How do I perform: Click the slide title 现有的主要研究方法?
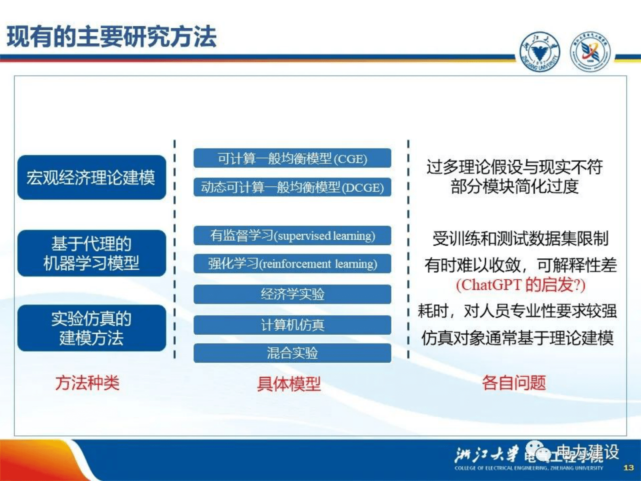point(111,37)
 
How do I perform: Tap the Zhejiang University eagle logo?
point(540,52)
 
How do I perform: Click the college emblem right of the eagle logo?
point(590,52)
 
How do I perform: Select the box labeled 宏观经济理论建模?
point(92,177)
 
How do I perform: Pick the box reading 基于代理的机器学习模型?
point(92,253)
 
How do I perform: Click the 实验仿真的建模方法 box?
point(92,328)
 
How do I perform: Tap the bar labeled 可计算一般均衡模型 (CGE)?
point(292,158)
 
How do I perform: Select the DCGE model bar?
point(292,187)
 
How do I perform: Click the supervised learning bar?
point(292,236)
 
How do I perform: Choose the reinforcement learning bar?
point(292,264)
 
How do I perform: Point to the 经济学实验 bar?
point(292,294)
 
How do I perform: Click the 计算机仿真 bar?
point(292,325)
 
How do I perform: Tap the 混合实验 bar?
point(292,353)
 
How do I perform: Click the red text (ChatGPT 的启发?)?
point(521,285)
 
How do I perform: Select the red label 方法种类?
point(87,383)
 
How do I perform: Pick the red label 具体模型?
point(289,384)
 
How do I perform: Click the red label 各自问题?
point(514,382)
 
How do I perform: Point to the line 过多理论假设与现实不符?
point(515,167)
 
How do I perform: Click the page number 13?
point(628,468)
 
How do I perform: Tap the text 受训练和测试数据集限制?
point(520,238)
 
